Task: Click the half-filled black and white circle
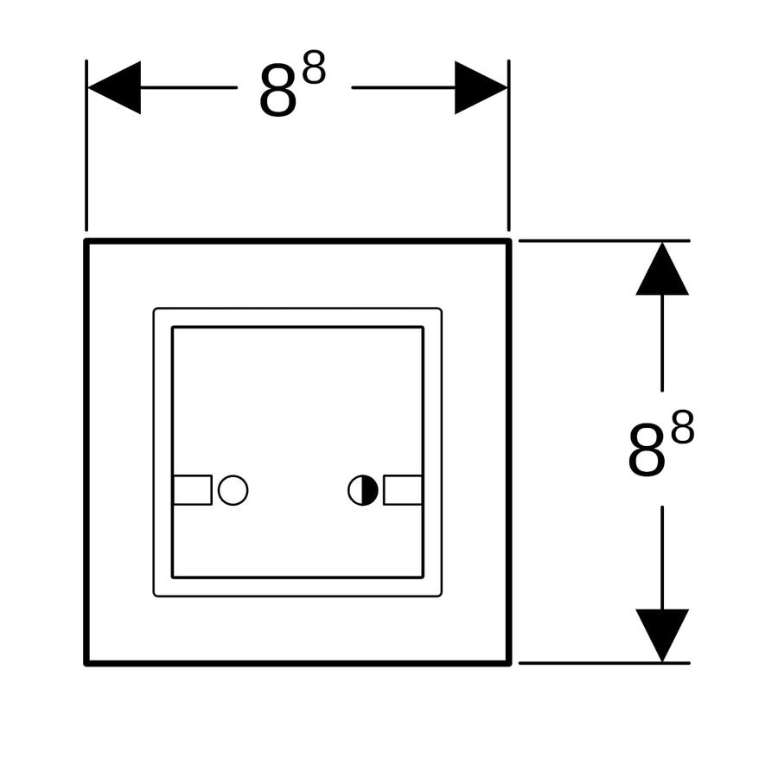(363, 490)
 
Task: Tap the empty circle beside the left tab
(233, 490)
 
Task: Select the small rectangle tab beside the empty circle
(193, 490)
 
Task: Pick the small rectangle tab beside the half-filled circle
(403, 490)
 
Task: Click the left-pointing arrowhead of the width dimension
(114, 88)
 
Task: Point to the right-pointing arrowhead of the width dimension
(481, 88)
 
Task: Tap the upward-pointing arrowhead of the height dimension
(662, 269)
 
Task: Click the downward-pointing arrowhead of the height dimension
(662, 635)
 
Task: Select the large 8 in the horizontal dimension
(278, 92)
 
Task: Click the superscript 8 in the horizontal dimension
(314, 67)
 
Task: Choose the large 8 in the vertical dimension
(647, 451)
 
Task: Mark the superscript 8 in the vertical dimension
(683, 427)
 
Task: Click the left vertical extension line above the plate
(86, 145)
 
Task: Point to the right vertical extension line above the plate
(509, 145)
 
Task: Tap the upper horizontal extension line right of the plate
(604, 240)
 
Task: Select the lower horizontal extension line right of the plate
(604, 663)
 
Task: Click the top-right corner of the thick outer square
(509, 240)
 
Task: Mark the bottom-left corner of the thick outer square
(86, 663)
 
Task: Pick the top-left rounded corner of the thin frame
(156, 310)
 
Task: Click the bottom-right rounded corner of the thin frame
(440, 594)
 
